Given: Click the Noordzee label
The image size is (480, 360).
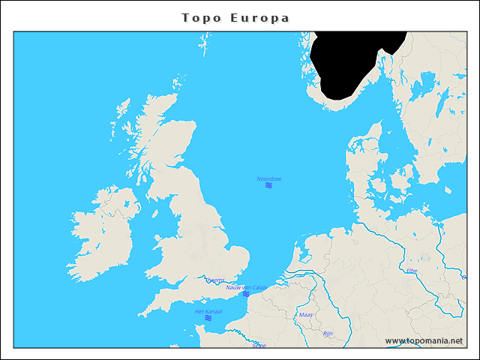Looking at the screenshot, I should point(268,178).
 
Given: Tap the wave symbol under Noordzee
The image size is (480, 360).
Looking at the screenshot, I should point(268,185).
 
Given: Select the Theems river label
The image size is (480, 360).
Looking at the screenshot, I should point(214,280).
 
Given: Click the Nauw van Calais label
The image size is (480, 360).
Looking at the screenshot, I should point(246,287).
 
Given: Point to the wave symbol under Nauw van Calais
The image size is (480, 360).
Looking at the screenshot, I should point(246,294).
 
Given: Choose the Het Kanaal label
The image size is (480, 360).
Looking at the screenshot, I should point(208,311).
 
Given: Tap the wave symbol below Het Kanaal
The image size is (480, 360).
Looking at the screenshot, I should point(208,318).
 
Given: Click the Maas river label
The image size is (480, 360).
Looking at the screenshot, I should point(305,315).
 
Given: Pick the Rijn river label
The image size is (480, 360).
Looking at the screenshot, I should point(327,333).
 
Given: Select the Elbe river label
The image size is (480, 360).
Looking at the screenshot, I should point(411,271).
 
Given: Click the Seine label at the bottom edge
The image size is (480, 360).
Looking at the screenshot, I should point(259,345).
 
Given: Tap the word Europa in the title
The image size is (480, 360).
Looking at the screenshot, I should point(262,18).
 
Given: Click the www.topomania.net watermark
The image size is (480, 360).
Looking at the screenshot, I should point(424,341).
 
